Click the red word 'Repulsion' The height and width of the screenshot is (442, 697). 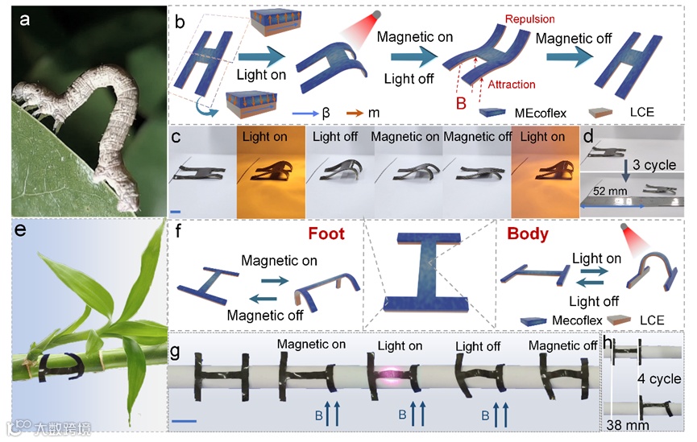(x=507, y=18)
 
